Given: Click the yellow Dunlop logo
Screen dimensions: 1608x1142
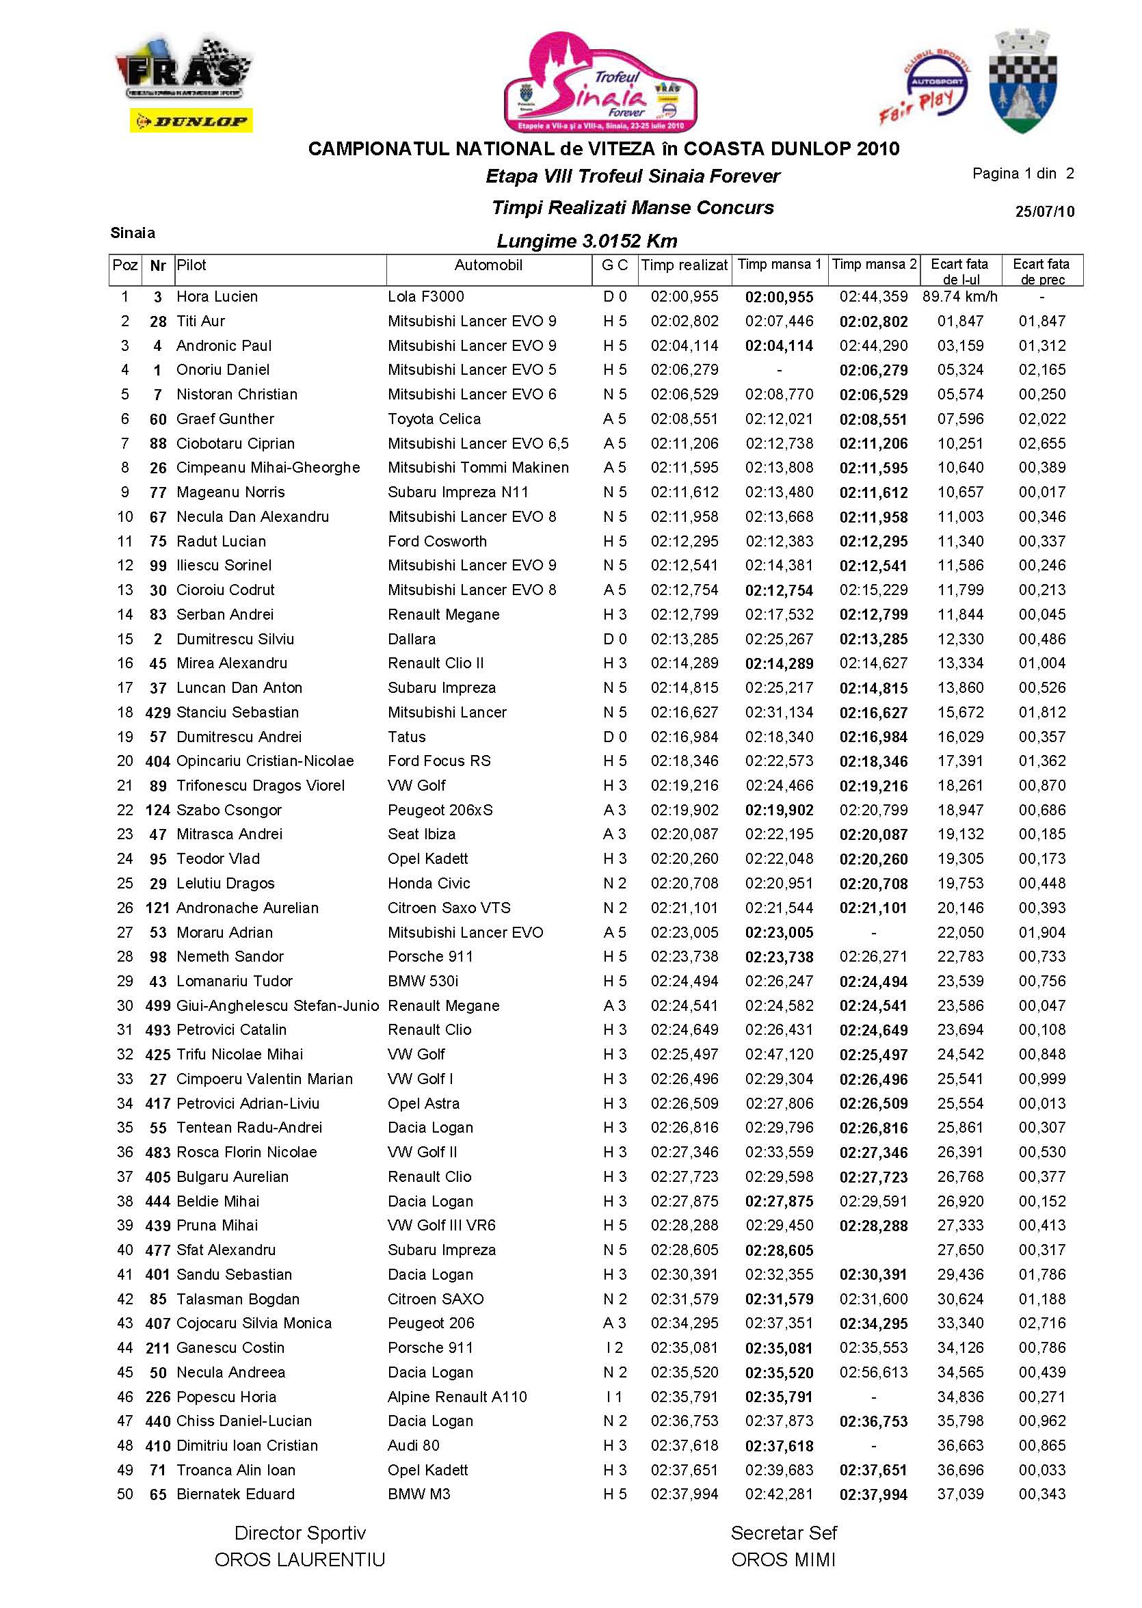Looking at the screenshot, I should tap(191, 121).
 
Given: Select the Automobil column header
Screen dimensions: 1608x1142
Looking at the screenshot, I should tap(488, 265).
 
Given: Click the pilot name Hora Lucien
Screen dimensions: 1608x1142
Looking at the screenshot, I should tap(217, 297).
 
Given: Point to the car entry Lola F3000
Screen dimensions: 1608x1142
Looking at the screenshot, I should tap(425, 297).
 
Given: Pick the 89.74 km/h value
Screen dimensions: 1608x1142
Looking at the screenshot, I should tap(959, 297).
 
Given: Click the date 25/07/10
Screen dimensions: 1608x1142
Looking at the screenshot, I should tap(1044, 212).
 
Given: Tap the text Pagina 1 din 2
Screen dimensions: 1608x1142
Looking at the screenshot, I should tap(1022, 174).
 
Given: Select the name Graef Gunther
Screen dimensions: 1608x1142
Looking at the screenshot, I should tap(225, 419).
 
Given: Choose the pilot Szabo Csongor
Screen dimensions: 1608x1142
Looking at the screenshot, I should tap(228, 810).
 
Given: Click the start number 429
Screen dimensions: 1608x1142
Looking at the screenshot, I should tap(157, 713).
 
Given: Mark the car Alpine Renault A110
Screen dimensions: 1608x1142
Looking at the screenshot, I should tap(457, 1397).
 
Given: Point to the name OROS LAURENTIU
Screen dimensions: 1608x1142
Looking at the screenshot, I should tap(300, 1560).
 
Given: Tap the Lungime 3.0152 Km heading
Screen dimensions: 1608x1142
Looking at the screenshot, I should tap(587, 241).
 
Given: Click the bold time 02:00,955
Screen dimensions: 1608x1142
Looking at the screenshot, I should tap(779, 298).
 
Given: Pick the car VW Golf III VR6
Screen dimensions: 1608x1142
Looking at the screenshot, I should tap(442, 1226).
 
